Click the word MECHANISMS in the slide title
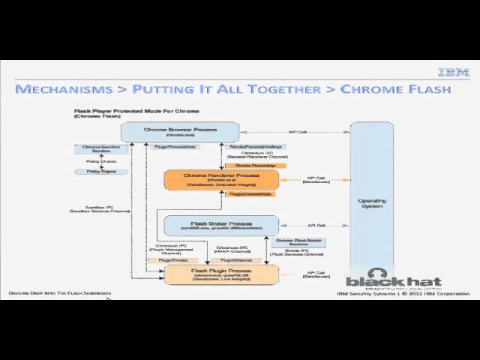[63, 89]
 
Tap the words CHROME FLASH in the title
[395, 89]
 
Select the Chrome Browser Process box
[180, 131]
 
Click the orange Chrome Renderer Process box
[221, 178]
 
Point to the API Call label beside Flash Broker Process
[316, 225]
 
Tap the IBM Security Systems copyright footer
[403, 294]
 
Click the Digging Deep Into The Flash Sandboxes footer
[60, 292]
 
